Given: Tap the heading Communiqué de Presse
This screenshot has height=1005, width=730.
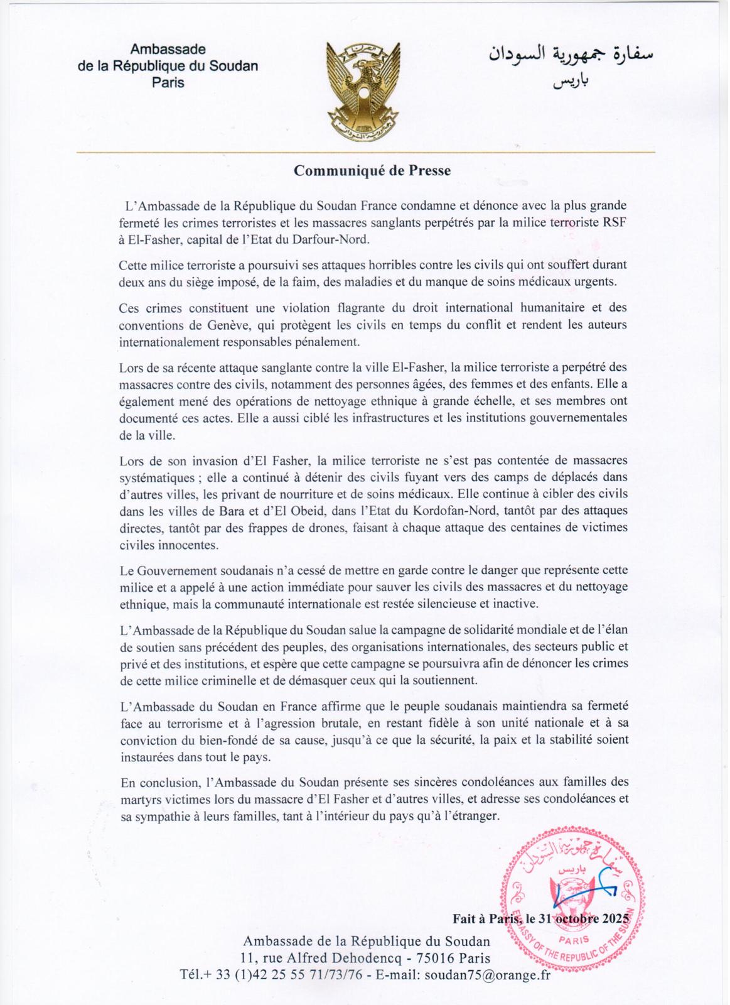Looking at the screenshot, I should click(373, 171).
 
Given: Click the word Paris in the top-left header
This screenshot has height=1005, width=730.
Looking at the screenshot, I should click(168, 82).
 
